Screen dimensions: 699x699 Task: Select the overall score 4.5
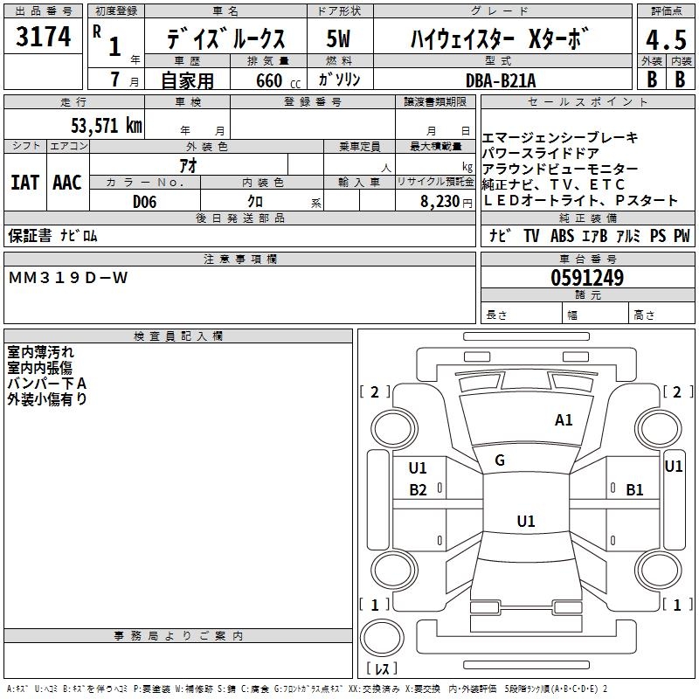pyautogui.click(x=665, y=39)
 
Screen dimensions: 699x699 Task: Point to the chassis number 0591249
pyautogui.click(x=587, y=278)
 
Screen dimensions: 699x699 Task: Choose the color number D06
pyautogui.click(x=145, y=201)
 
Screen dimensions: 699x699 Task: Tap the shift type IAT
pyautogui.click(x=24, y=182)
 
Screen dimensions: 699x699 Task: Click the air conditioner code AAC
pyautogui.click(x=66, y=182)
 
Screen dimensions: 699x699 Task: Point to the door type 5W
pyautogui.click(x=339, y=39)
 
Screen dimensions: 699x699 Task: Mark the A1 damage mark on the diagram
pyautogui.click(x=564, y=420)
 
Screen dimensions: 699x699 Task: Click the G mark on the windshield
pyautogui.click(x=500, y=460)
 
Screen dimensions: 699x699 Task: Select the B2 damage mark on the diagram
pyautogui.click(x=419, y=490)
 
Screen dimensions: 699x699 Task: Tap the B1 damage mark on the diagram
pyautogui.click(x=634, y=490)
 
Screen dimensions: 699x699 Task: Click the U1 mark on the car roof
pyautogui.click(x=525, y=522)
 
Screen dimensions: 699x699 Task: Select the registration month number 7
pyautogui.click(x=114, y=80)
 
